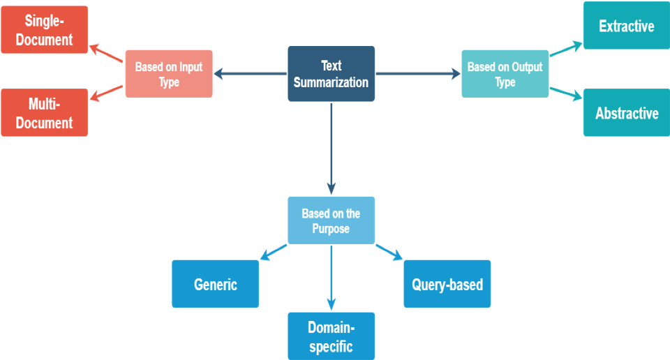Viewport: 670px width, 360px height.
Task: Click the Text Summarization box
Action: click(331, 73)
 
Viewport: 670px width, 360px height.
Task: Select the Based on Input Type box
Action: click(169, 74)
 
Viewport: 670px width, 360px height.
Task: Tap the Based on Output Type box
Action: click(505, 74)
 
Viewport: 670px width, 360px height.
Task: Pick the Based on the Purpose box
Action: click(331, 220)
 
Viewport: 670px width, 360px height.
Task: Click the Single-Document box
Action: click(45, 29)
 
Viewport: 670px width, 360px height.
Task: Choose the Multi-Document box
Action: click(45, 112)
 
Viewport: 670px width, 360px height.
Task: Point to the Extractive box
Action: click(627, 25)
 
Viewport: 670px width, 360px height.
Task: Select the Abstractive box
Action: click(627, 112)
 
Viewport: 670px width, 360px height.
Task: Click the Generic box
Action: click(216, 283)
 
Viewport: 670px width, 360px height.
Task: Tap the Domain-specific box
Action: click(331, 336)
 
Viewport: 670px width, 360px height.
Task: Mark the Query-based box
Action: click(447, 283)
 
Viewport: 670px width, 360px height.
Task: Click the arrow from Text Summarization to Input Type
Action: click(251, 74)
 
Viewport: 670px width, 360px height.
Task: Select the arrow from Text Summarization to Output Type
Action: click(418, 74)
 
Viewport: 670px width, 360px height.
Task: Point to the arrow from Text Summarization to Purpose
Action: click(331, 149)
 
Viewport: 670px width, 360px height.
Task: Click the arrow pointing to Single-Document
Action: click(106, 53)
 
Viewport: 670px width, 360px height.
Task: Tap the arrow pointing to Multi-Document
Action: click(106, 93)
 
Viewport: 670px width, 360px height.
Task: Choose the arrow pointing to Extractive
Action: click(566, 48)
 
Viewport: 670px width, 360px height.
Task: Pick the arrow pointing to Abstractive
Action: click(566, 94)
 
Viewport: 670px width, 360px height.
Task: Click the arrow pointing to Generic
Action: click(274, 253)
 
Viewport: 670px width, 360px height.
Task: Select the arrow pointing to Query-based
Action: click(389, 253)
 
